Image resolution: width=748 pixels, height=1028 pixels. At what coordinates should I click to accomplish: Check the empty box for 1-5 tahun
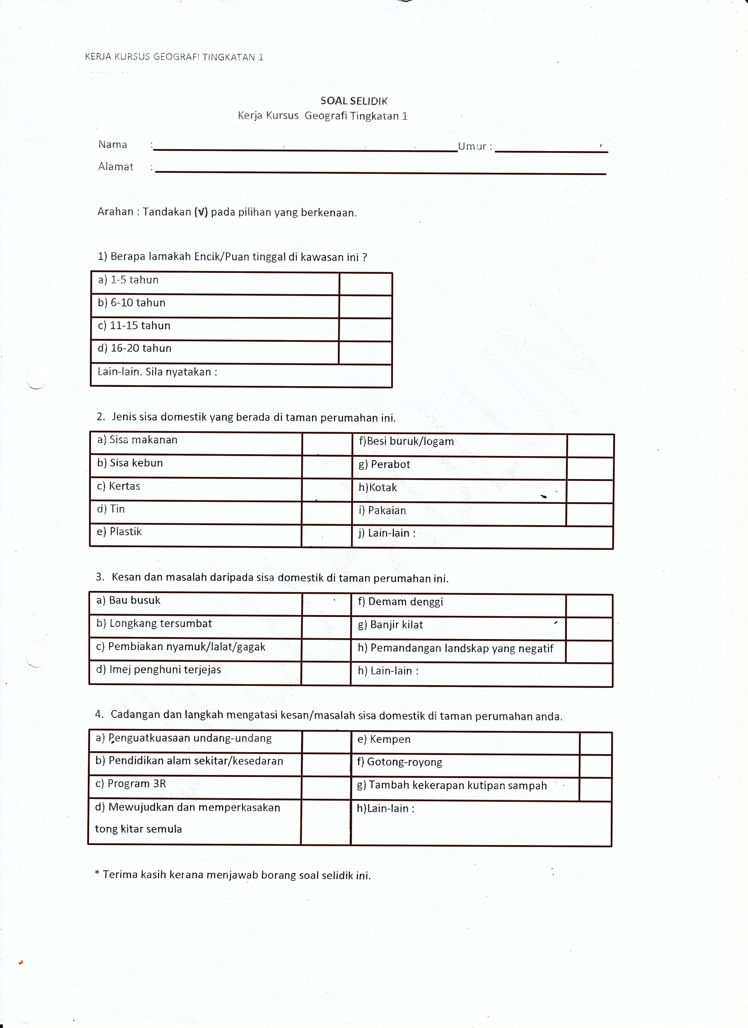tap(365, 284)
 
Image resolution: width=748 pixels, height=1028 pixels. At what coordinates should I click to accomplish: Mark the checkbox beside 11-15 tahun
tap(365, 329)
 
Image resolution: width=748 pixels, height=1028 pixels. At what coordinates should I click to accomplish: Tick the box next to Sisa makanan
tap(327, 443)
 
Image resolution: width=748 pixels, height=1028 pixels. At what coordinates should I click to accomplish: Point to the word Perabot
tap(390, 464)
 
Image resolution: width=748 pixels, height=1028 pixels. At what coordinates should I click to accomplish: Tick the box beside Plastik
tap(327, 535)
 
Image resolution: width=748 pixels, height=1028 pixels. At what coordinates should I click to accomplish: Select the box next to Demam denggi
tap(589, 605)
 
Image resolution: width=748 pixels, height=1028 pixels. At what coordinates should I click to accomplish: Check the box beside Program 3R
tap(326, 787)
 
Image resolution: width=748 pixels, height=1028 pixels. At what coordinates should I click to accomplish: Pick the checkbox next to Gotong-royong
tap(595, 766)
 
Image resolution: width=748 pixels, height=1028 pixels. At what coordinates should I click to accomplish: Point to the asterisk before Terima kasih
tap(97, 874)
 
